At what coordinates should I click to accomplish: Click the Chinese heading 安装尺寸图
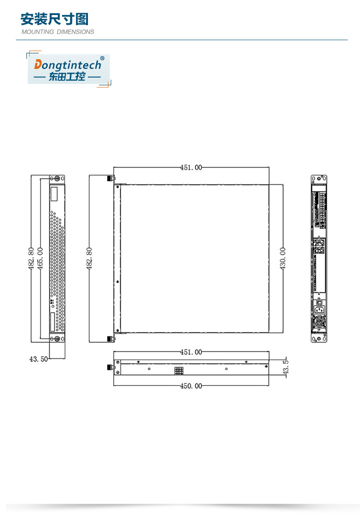pos(54,19)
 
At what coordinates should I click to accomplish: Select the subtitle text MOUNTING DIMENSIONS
pos(58,32)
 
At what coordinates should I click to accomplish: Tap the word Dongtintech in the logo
pos(68,64)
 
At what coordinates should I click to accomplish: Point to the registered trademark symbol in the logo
pos(102,58)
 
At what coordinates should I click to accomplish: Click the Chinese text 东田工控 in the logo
pos(67,77)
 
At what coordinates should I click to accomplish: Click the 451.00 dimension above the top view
pos(191,167)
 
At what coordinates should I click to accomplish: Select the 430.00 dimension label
pos(283,258)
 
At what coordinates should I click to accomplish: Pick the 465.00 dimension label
pos(40,258)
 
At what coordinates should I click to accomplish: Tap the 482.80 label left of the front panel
pos(31,258)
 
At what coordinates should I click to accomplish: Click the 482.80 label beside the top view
pos(89,258)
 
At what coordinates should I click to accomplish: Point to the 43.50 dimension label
pos(38,359)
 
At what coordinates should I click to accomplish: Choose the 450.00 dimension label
pos(191,386)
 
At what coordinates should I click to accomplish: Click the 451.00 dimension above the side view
pos(191,352)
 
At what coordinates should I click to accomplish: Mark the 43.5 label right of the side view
pos(286,368)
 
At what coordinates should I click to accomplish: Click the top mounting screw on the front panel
pos(57,178)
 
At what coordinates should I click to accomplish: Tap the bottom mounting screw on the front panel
pos(57,338)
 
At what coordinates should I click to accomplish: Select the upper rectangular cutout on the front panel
pos(54,195)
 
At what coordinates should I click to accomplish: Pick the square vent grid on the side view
pos(178,371)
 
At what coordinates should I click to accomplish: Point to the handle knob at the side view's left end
pos(109,367)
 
